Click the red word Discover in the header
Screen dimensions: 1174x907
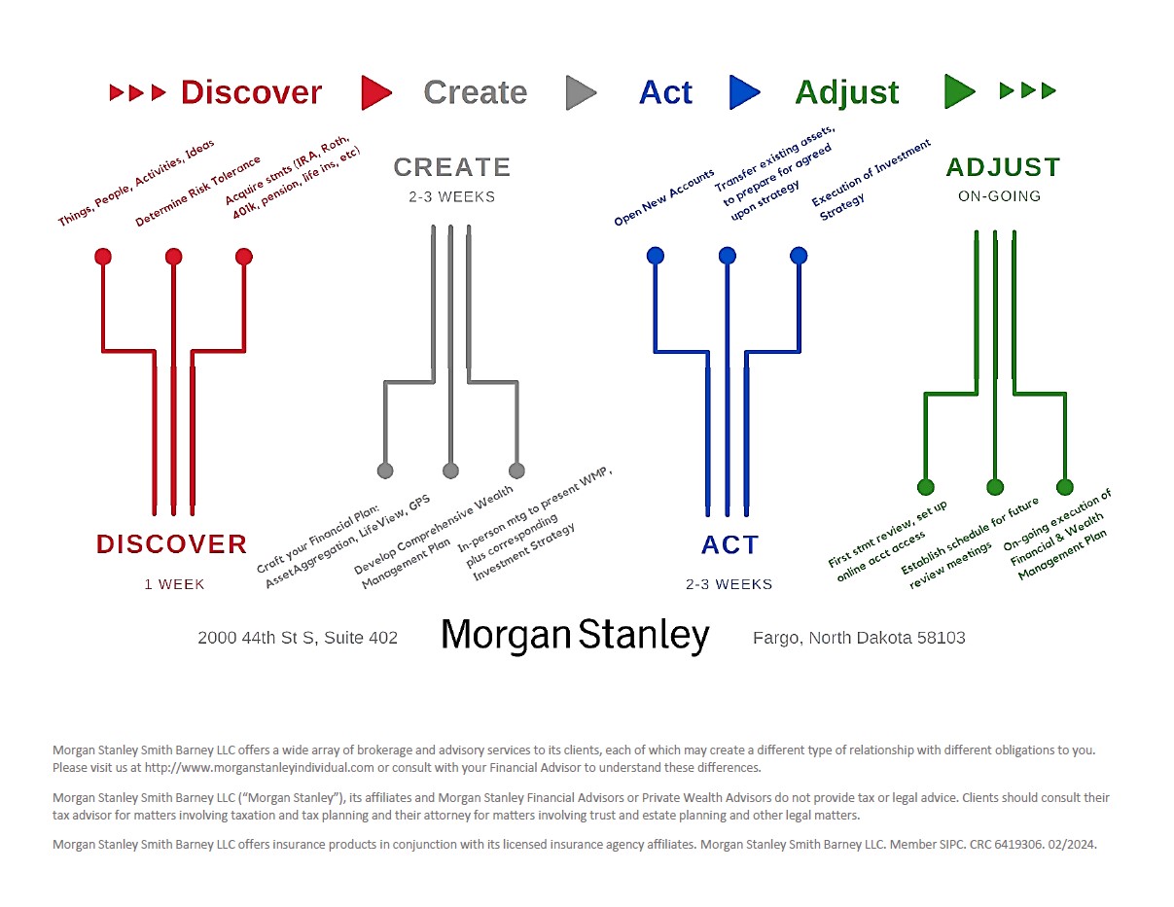point(251,92)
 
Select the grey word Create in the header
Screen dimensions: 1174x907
point(475,92)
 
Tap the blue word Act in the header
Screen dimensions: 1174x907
point(665,92)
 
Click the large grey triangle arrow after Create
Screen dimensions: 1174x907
point(582,93)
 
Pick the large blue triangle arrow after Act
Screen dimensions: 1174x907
point(745,92)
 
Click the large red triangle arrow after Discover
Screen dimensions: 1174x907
point(376,93)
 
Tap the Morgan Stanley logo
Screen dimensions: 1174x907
point(575,636)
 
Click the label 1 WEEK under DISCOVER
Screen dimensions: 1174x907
point(174,584)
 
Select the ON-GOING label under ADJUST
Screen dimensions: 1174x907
point(1000,196)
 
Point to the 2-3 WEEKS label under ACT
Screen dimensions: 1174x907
point(729,584)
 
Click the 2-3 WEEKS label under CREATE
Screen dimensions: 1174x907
point(451,196)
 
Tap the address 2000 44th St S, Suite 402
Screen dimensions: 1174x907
point(298,638)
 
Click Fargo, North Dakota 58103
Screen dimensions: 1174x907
point(859,638)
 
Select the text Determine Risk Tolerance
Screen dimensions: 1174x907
point(197,192)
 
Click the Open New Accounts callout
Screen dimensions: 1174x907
point(664,197)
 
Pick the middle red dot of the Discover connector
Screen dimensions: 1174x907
point(173,257)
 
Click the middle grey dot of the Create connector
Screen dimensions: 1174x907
point(450,471)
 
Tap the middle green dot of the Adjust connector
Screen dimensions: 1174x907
point(995,487)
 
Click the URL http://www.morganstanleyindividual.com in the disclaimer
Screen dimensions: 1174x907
point(260,768)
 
